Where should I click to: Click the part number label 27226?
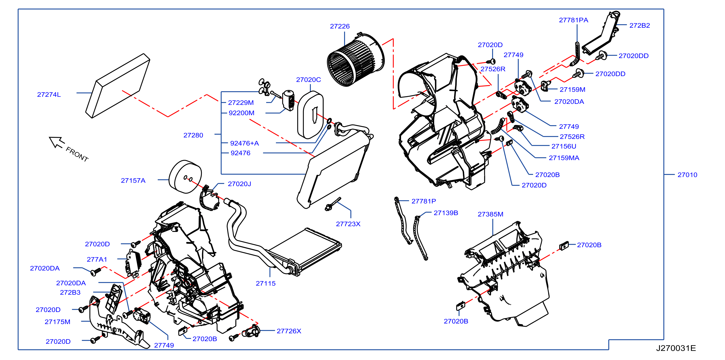pos(340,26)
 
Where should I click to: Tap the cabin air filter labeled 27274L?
pos(118,86)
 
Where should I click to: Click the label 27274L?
pos(49,95)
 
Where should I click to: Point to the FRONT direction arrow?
pos(57,142)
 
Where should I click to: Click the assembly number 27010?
pos(687,175)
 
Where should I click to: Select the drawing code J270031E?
pos(676,348)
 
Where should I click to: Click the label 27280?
pos(193,135)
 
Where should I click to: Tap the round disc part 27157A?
pos(185,177)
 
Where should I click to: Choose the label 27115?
pos(265,283)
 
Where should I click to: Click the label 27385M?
pos(490,214)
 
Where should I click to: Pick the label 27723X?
pos(348,224)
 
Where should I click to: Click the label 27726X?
pos(289,331)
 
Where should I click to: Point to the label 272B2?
pos(639,26)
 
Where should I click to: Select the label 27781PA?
pos(573,20)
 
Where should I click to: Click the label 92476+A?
pos(244,143)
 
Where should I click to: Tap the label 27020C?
pos(308,80)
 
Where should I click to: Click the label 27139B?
pos(446,213)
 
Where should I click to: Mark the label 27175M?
pos(58,322)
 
